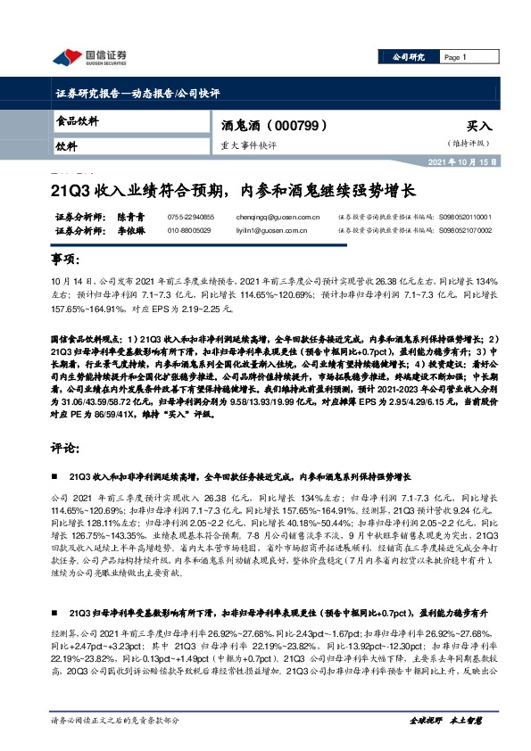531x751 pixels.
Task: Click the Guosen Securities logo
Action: pos(89,59)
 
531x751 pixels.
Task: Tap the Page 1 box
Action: pos(455,58)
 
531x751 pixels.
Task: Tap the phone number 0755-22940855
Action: pos(191,217)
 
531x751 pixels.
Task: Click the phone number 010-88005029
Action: pos(189,230)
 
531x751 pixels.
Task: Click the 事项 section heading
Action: pos(66,259)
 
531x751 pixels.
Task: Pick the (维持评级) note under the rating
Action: pos(469,144)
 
